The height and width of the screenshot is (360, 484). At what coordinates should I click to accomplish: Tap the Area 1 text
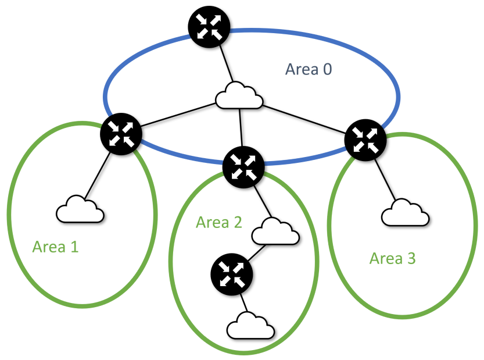coord(55,247)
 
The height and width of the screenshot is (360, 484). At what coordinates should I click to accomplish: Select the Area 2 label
coord(220,222)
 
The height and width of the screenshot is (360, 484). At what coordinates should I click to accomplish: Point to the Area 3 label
coord(393,258)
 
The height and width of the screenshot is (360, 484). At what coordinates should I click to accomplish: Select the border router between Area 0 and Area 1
coord(121,134)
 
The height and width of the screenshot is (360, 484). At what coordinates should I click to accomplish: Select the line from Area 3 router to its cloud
coord(383,177)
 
